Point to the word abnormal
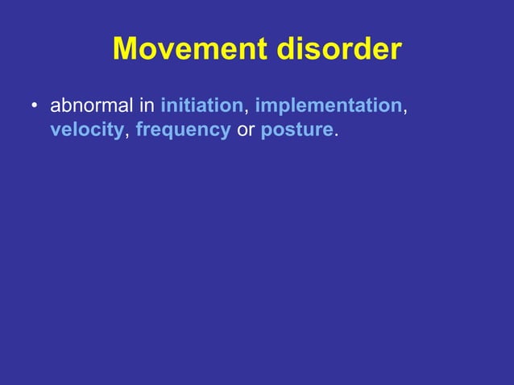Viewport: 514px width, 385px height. [x=95, y=106]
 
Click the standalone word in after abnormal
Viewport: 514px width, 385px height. [x=150, y=106]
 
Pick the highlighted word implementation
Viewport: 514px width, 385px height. [x=328, y=106]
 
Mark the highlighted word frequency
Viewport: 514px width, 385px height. [x=183, y=130]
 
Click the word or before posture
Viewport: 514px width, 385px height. [x=245, y=130]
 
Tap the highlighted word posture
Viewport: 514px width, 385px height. [x=296, y=130]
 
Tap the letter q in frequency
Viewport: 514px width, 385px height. [x=176, y=132]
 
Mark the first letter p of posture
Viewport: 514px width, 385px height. [x=266, y=132]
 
